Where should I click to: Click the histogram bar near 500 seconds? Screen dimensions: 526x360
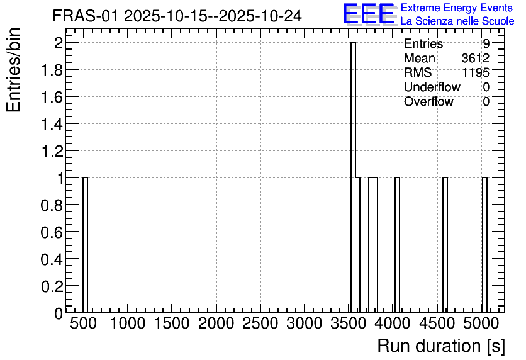click(85, 245)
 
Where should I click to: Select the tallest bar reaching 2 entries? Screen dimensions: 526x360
click(353, 177)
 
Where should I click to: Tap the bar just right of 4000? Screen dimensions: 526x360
click(397, 245)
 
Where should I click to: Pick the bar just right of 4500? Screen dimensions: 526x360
click(445, 245)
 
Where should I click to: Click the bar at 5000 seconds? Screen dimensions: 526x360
click(484, 245)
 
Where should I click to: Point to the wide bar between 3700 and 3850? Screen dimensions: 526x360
click(373, 245)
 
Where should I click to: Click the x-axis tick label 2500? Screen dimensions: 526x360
click(260, 323)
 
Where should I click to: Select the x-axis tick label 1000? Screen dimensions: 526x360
click(128, 323)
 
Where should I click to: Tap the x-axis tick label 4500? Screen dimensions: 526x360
click(437, 323)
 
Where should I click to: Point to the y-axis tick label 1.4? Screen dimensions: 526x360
click(52, 124)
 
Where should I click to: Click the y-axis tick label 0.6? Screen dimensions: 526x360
click(52, 232)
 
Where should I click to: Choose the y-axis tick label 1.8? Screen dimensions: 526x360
click(52, 70)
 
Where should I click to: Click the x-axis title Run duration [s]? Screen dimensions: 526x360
click(441, 346)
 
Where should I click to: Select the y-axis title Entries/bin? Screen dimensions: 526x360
click(13, 70)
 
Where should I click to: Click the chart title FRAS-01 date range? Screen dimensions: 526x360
click(177, 16)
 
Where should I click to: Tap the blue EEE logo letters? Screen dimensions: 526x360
click(369, 14)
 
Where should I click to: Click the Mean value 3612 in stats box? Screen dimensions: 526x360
click(475, 58)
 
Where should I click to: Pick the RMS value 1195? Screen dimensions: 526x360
click(476, 72)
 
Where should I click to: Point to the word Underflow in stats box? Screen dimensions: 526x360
click(432, 87)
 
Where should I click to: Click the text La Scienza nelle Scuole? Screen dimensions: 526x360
click(457, 21)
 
